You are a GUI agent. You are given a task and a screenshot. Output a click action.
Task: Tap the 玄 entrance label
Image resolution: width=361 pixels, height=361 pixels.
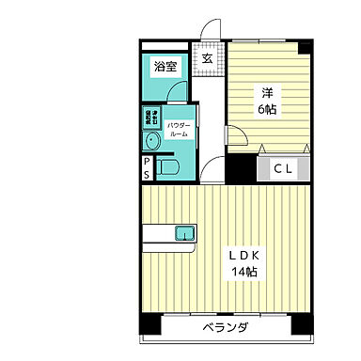click(207, 59)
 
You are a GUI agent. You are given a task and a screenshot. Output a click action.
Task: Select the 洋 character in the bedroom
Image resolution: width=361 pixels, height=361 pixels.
click(267, 92)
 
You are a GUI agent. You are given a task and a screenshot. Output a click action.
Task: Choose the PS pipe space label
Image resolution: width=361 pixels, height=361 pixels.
click(147, 169)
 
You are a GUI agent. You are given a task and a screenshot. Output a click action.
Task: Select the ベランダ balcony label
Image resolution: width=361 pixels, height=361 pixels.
click(226, 328)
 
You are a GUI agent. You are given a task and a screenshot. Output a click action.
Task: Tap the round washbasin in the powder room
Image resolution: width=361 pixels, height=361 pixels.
click(152, 141)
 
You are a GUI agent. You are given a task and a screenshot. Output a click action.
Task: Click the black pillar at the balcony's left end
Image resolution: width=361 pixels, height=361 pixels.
click(149, 324)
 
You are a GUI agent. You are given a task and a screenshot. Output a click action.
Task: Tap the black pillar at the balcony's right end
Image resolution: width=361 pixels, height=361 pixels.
click(302, 324)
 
